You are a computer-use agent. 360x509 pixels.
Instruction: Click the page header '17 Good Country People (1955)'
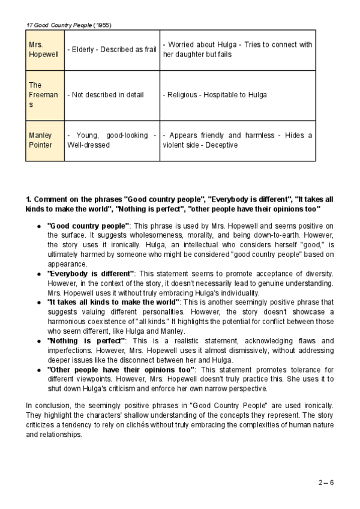[x=69, y=25]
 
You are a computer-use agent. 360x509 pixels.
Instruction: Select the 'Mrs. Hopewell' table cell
[x=44, y=50]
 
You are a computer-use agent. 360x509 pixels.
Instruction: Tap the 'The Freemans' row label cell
[x=44, y=95]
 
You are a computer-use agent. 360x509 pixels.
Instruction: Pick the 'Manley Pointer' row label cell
[x=44, y=140]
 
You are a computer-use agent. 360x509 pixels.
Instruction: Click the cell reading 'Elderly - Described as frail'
[x=112, y=50]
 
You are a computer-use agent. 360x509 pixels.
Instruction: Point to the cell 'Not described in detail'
[x=112, y=95]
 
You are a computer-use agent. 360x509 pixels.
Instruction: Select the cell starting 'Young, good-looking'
[x=112, y=140]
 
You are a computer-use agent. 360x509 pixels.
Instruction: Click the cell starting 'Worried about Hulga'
[x=238, y=50]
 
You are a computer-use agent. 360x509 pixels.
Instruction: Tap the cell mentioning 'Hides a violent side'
[x=238, y=140]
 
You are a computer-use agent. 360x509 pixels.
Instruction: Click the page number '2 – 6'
[x=326, y=482]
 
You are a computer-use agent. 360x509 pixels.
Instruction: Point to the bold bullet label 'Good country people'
[x=88, y=225]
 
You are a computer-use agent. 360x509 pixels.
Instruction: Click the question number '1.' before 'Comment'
[x=28, y=199]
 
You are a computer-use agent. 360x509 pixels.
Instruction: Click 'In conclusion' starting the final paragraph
[x=47, y=405]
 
